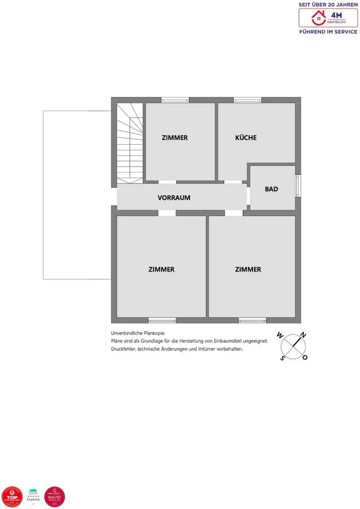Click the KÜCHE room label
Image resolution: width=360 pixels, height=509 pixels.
coord(246,138)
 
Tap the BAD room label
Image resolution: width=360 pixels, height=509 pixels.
coord(271,189)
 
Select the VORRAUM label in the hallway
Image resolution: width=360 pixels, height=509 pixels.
coord(174,197)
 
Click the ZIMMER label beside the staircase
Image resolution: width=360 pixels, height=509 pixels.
coord(175,138)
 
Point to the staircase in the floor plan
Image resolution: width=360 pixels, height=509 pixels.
coord(129,143)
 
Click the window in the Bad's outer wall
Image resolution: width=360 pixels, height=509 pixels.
coord(298,185)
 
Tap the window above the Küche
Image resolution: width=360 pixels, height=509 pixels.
coord(248,100)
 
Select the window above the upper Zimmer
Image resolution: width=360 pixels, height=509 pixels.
coord(175,100)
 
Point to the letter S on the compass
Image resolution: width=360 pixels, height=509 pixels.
coord(282,357)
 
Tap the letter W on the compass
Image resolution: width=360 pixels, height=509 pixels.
coord(280,336)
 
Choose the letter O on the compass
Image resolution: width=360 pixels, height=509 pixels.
coord(305,357)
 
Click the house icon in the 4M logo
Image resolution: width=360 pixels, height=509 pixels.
coord(317,18)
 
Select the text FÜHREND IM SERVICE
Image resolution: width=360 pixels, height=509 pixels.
coord(328,32)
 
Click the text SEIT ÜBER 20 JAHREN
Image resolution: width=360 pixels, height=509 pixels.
coord(328,4)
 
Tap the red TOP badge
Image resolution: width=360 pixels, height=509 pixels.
coord(12,497)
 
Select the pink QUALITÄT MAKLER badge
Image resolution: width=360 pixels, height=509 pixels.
coord(55,497)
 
